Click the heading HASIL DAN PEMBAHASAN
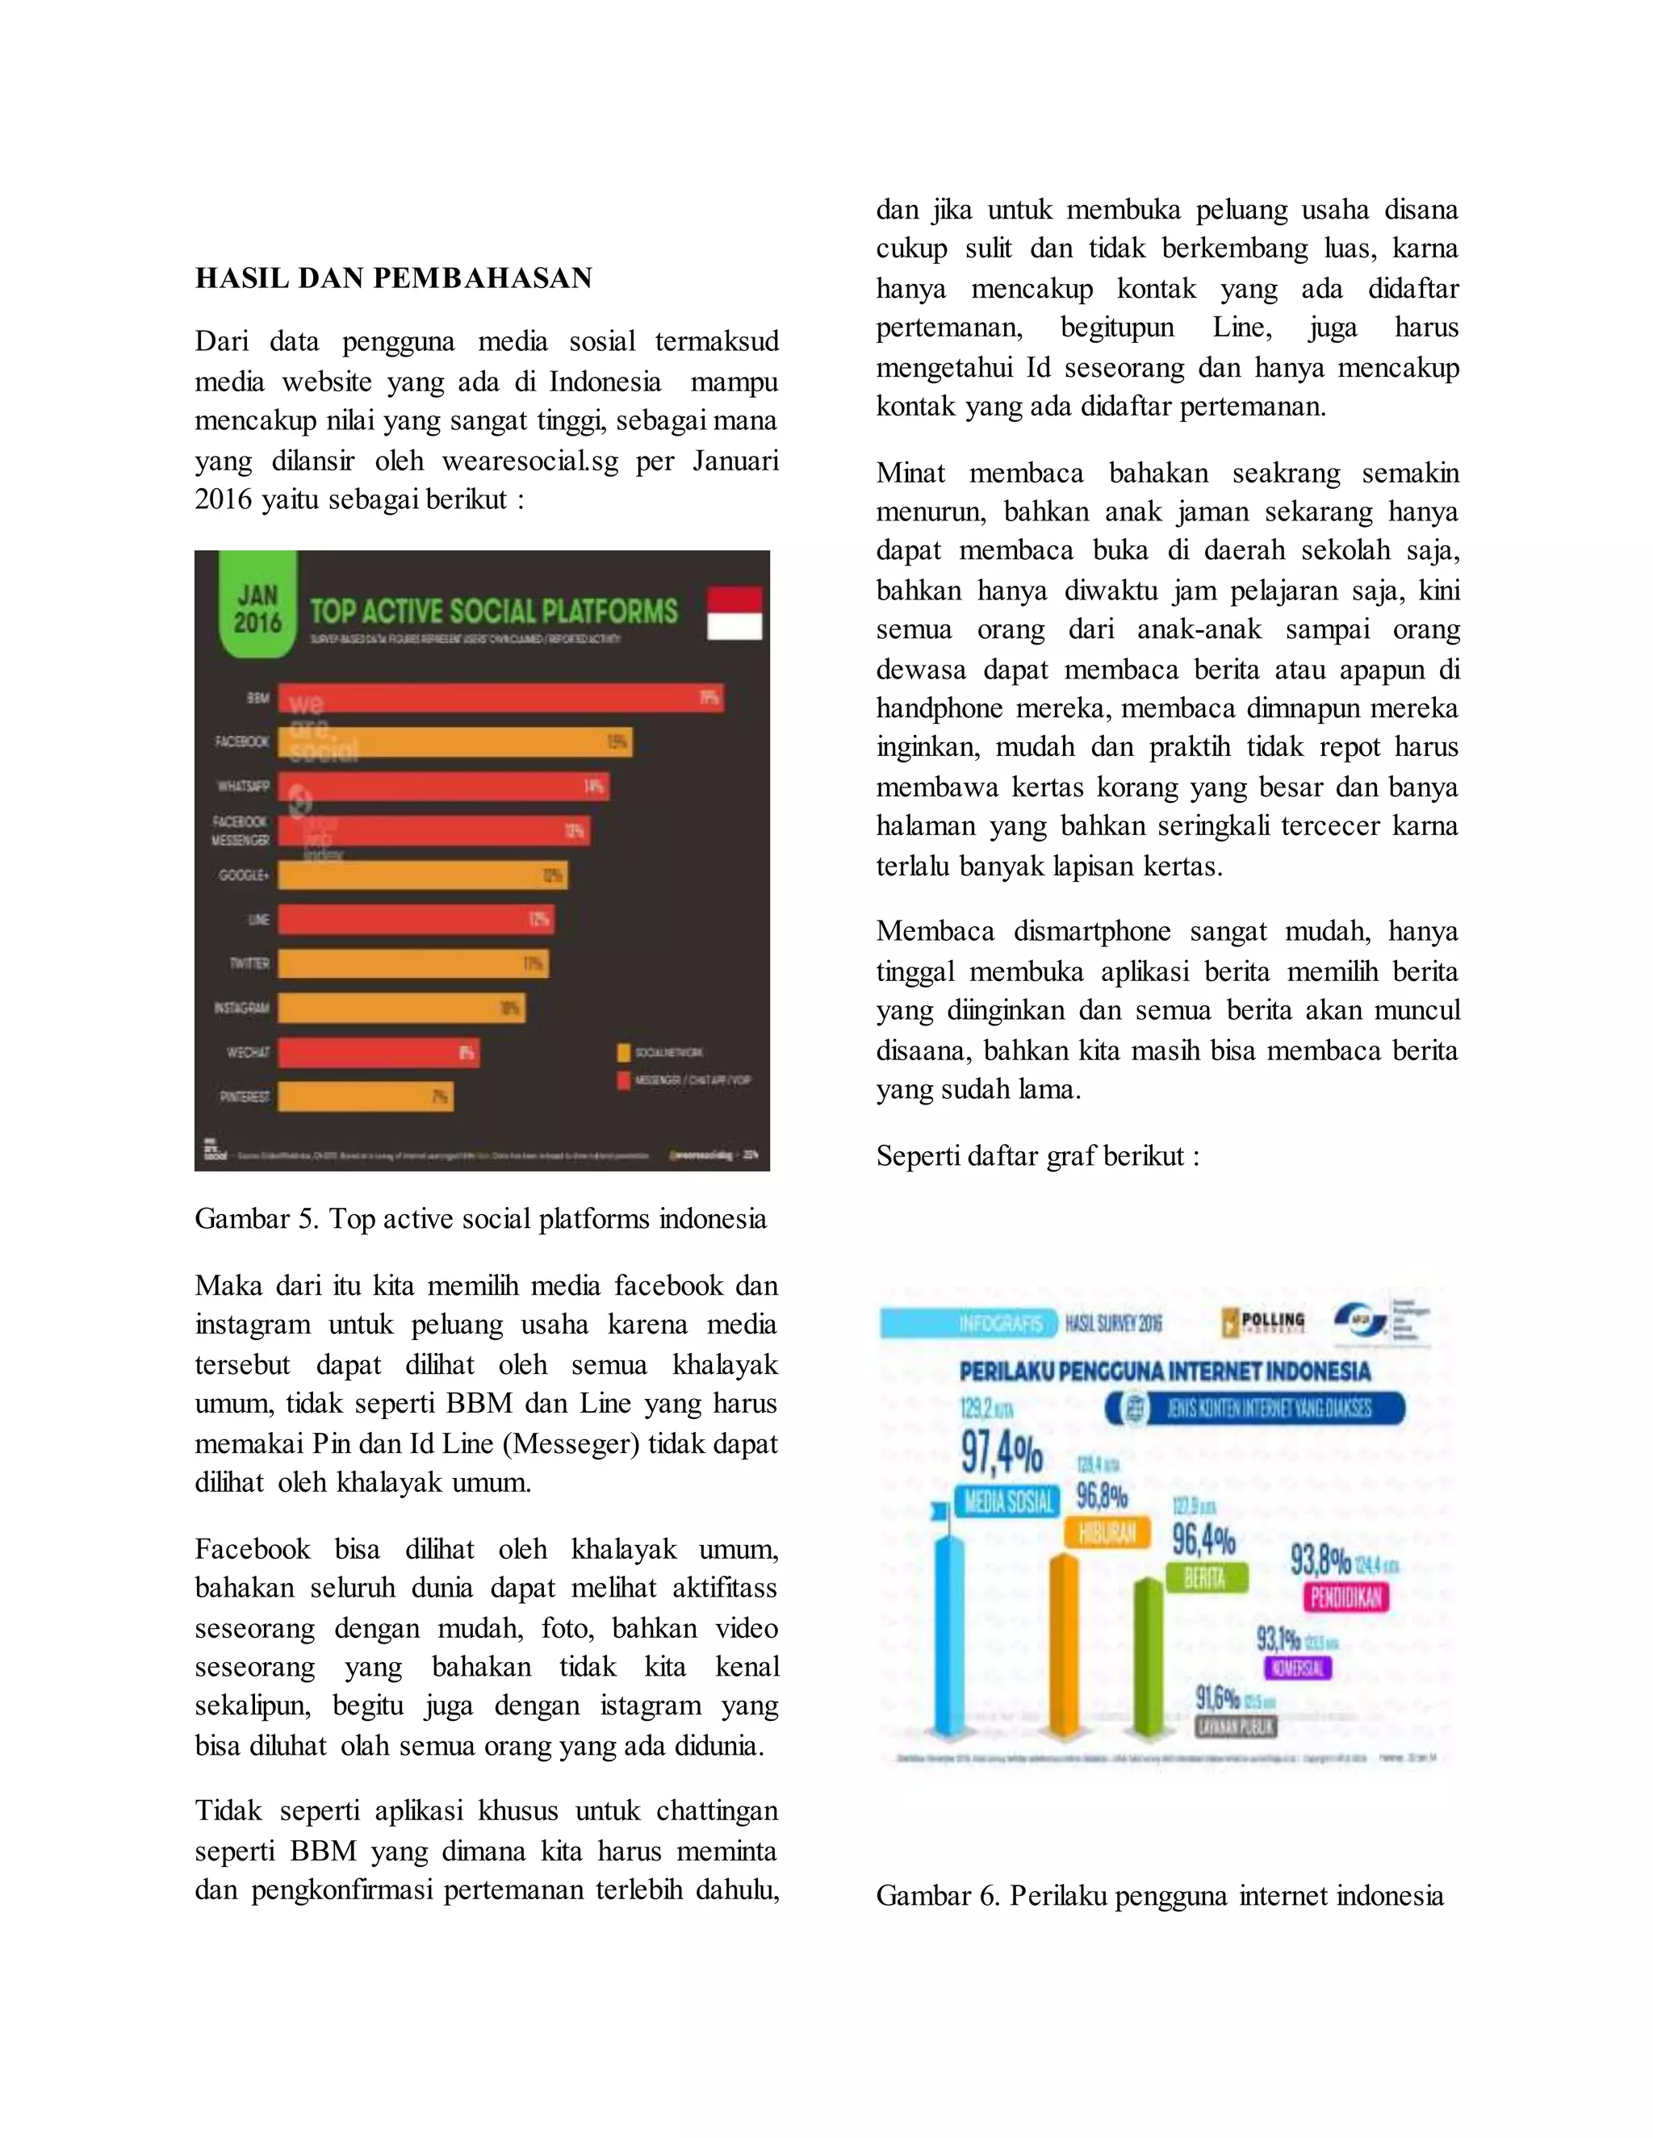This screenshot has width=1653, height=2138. click(394, 279)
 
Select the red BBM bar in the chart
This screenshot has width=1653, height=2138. click(500, 698)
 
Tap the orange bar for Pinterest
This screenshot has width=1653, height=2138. click(364, 1096)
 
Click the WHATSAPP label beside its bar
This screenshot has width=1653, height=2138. click(243, 786)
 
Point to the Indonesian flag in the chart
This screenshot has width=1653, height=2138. click(734, 613)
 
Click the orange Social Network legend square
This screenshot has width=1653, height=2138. click(623, 1052)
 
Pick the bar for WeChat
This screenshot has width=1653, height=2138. click(378, 1052)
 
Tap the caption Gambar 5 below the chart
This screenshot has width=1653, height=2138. click(480, 1220)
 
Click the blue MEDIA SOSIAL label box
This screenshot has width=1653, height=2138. click(1007, 1501)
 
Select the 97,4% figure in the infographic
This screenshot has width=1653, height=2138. click(1001, 1454)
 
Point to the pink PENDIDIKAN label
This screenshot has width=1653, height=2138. click(1345, 1597)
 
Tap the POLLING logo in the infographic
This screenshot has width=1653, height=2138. click(1264, 1322)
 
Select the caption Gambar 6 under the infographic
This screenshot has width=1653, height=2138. click(1160, 1896)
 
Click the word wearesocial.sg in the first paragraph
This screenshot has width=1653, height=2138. click(529, 461)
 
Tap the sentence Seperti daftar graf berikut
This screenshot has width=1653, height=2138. click(1037, 1157)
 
